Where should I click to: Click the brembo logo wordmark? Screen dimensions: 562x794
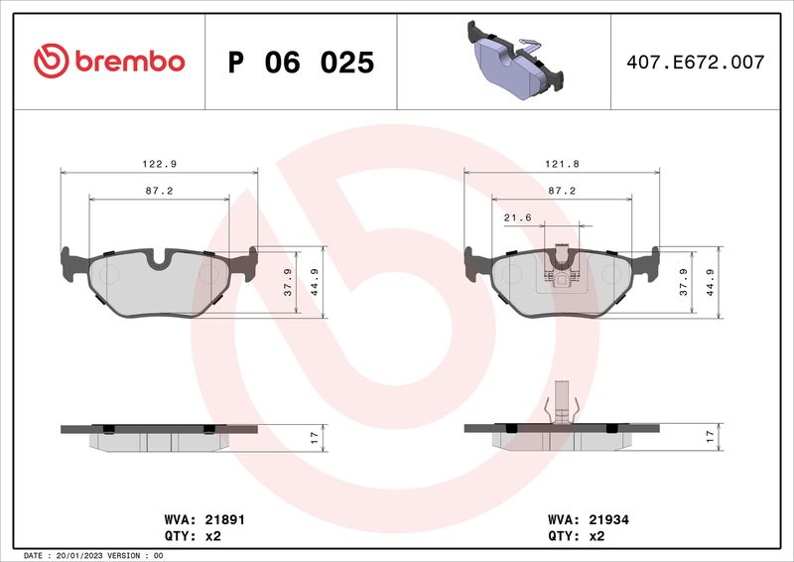point(109,62)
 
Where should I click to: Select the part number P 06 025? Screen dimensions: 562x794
point(301,63)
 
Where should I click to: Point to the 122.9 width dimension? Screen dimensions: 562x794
point(160,162)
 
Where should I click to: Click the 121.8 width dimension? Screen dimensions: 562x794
point(562,162)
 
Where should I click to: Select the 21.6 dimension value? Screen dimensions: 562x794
point(517,215)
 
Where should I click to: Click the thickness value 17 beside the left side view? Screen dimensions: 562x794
point(313,435)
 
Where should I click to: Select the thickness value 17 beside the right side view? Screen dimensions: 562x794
point(709,435)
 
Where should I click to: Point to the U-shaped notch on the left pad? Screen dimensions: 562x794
point(159,261)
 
